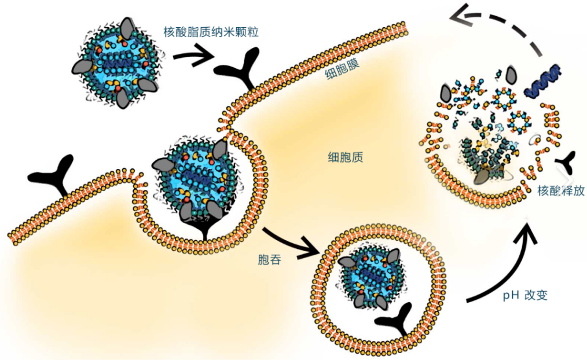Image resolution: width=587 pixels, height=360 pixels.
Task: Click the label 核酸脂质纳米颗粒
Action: [211, 32]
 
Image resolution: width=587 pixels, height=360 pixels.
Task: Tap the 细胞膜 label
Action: [343, 68]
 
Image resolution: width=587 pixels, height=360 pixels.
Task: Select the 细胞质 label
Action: [346, 157]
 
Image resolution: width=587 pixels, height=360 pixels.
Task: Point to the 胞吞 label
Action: [270, 260]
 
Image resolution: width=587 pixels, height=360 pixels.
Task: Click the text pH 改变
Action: [525, 295]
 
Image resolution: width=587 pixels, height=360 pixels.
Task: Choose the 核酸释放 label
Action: [561, 190]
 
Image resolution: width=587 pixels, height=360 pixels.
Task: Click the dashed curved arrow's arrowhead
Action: [460, 17]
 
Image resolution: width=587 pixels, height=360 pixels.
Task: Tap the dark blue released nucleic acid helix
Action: [543, 80]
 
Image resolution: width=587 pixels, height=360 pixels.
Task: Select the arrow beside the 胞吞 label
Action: [290, 243]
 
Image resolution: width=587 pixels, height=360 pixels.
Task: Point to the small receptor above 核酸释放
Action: [565, 163]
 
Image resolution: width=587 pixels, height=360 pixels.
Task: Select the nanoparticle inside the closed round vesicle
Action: [370, 277]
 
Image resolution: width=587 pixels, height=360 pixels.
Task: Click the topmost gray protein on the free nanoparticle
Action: [129, 27]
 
